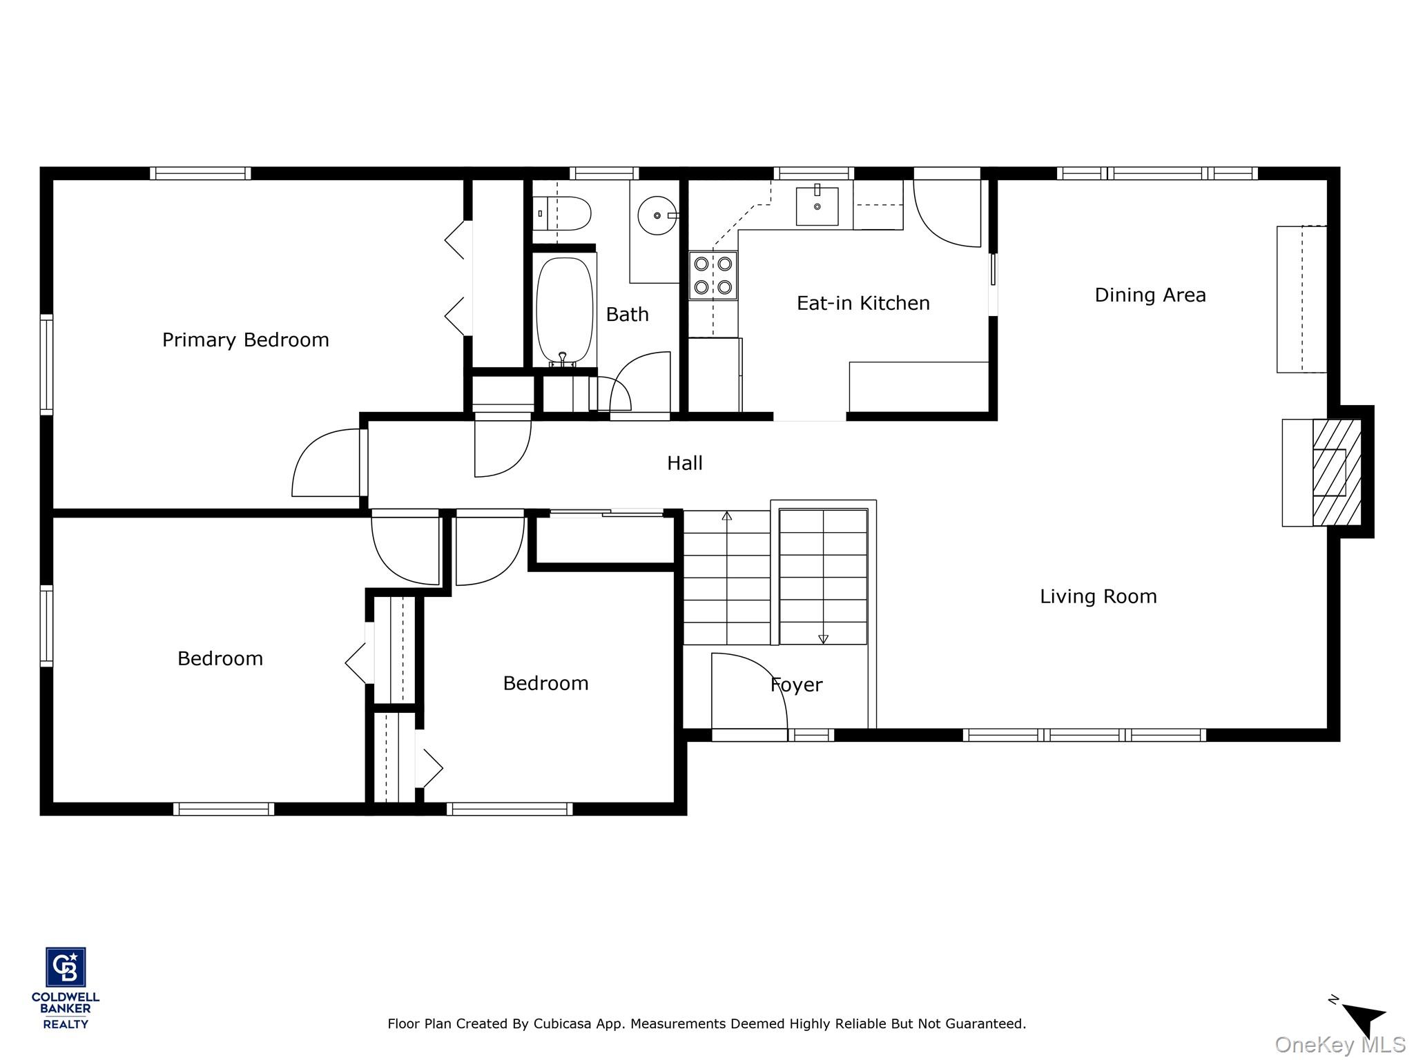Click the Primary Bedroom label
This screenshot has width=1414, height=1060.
click(245, 340)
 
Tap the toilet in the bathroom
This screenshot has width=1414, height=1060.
click(563, 213)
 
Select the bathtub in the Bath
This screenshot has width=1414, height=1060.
click(564, 310)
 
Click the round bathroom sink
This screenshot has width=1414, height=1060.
click(656, 215)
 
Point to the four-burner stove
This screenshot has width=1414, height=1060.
click(713, 275)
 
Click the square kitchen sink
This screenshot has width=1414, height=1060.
click(817, 206)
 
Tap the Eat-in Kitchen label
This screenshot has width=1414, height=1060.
click(862, 303)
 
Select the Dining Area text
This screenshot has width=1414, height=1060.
click(1150, 295)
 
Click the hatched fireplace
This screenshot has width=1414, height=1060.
click(1336, 472)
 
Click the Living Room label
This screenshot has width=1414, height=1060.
click(1098, 596)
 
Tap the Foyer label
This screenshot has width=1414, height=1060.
click(796, 685)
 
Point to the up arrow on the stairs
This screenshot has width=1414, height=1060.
click(726, 516)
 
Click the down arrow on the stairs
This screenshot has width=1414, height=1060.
click(823, 639)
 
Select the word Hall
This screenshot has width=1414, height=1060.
click(684, 463)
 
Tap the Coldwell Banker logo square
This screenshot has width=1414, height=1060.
click(66, 967)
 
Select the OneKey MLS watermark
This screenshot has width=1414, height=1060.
click(1339, 1044)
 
